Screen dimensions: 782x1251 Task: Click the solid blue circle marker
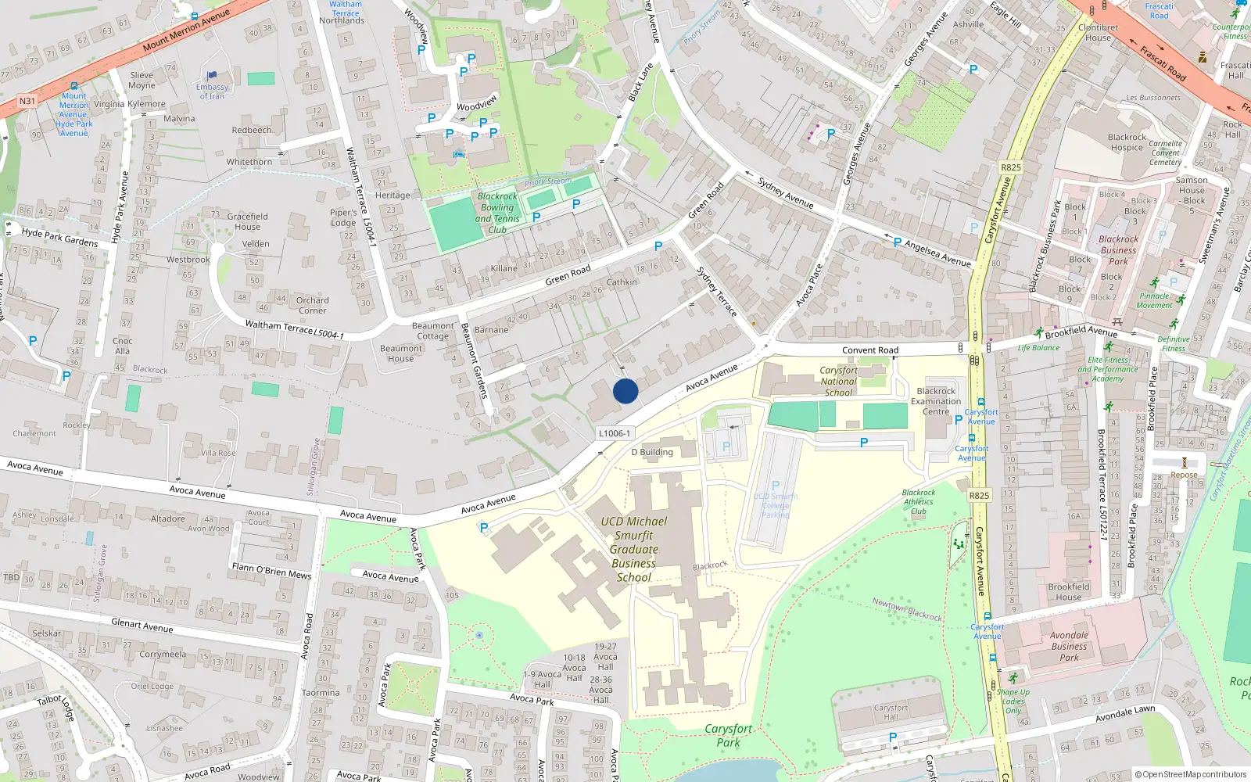625,391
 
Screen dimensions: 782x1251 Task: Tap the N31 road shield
27,101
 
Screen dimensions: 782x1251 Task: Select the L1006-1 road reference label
615,433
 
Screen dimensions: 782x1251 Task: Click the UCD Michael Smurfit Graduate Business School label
633,549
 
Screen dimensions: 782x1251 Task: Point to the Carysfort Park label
728,735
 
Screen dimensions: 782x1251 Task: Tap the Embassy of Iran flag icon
211,76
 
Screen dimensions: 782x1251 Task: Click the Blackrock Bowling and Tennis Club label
497,213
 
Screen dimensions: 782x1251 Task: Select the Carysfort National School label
838,382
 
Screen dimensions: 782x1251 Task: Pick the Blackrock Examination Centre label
936,401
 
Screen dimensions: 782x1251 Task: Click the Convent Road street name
870,350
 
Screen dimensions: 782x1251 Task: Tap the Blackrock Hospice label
1127,142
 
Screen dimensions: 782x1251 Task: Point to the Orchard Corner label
312,305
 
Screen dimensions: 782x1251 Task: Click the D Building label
652,452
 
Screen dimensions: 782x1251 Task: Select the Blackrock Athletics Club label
919,502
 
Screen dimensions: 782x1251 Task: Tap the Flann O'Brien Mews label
271,571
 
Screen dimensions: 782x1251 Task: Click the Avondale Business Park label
1069,646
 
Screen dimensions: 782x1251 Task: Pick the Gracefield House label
247,221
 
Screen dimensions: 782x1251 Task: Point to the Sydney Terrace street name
716,292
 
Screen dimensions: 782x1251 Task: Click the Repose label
1184,475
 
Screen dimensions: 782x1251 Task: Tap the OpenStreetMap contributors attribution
1191,774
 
